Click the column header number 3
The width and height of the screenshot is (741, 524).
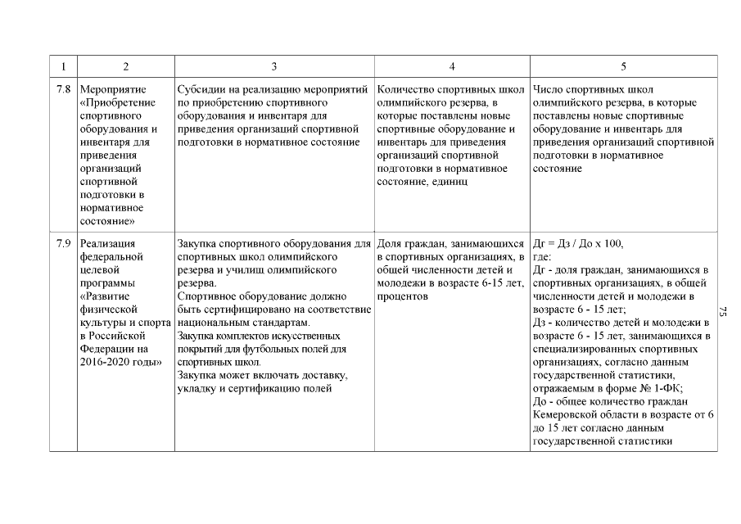coord(274,66)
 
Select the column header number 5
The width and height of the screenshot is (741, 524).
coord(624,66)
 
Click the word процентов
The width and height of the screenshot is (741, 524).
coord(404,296)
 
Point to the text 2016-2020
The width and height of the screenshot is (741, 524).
coord(103,361)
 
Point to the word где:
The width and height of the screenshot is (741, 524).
coord(541,256)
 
